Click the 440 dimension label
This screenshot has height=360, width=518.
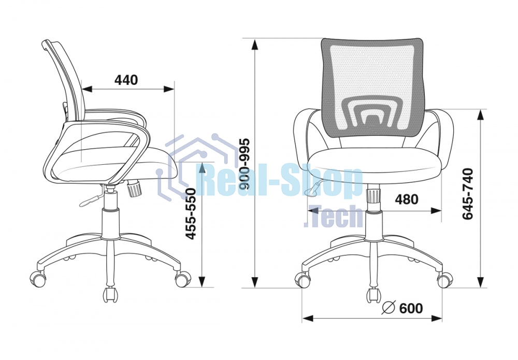(126, 80)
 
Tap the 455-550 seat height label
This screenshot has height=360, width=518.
(191, 213)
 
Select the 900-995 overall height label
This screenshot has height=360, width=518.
(245, 164)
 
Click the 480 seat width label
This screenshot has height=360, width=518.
(407, 199)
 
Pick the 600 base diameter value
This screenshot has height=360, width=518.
(411, 308)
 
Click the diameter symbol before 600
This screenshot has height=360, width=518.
(389, 308)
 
